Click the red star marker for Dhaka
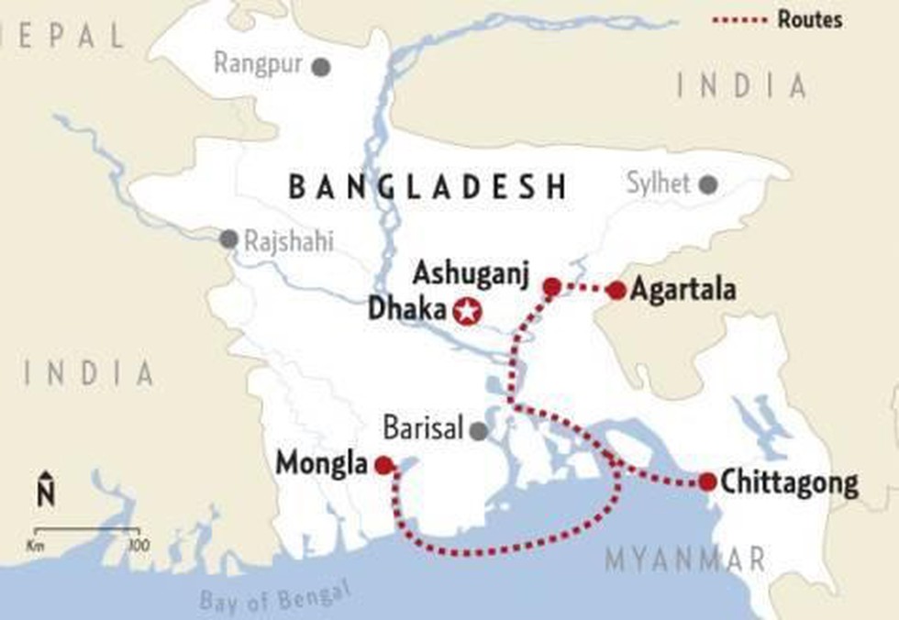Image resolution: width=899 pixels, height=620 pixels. (467, 311)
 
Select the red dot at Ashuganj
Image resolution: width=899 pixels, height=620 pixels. (551, 287)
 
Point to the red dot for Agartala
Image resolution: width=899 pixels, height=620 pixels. (616, 291)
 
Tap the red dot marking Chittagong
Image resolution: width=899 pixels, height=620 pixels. (706, 482)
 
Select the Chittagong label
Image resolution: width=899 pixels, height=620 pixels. (790, 482)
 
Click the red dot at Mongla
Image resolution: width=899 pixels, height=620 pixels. (383, 465)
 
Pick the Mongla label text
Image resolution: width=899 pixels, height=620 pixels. (322, 465)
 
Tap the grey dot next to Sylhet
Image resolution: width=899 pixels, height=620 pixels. (707, 184)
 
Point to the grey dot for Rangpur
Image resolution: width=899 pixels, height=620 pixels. (320, 66)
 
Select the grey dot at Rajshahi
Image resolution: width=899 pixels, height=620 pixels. (228, 239)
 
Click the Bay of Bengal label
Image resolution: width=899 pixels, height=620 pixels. (275, 597)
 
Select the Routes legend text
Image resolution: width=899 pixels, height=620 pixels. (809, 18)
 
